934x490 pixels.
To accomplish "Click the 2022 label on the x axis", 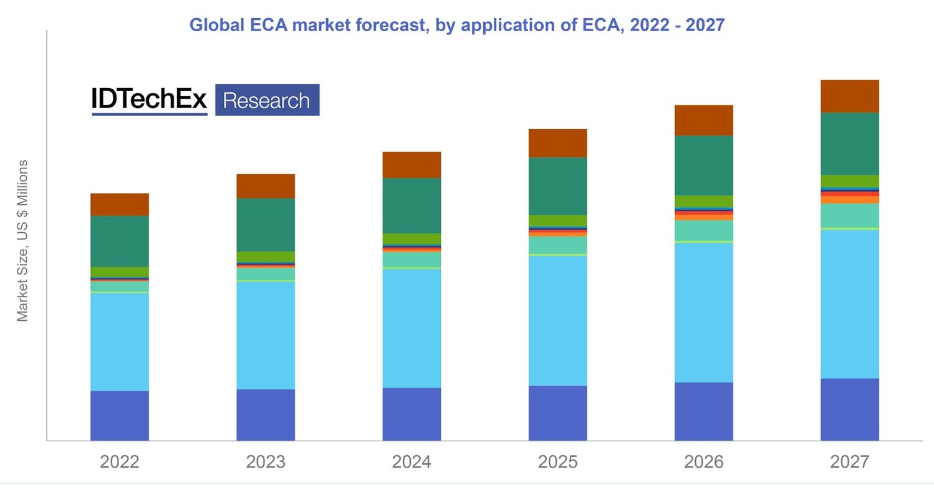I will point(120,463).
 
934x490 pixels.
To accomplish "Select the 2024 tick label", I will point(412,463).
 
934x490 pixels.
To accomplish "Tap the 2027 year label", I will point(849,463).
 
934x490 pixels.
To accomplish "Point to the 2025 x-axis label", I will point(557,463).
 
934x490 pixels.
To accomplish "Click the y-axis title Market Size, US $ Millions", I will point(23,241).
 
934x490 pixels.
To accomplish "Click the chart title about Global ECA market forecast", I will point(456,25).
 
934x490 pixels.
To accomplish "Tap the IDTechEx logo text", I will point(149,100).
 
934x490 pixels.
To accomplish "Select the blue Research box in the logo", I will point(267,100).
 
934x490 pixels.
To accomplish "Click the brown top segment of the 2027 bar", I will point(849,96).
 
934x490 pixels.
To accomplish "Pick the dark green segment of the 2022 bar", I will point(120,242).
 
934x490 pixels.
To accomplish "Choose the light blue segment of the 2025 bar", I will point(557,320).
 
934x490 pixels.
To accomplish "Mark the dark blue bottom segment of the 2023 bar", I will point(266,415).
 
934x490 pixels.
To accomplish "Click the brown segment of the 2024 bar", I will point(412,165).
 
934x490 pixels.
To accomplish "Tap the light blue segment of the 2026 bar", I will point(703,312).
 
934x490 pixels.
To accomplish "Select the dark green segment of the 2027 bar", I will point(849,144).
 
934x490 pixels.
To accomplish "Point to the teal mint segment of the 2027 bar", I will point(849,215).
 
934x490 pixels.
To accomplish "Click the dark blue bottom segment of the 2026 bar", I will point(703,411).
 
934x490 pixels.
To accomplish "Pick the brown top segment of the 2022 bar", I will point(120,204).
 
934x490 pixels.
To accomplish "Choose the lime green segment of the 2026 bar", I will point(703,201).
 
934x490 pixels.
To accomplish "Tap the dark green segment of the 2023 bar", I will point(266,225).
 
